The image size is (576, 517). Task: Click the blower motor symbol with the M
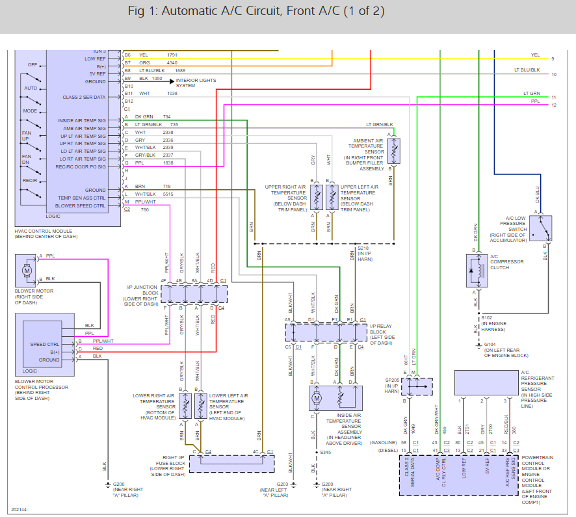(x=27, y=269)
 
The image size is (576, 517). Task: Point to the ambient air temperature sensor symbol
(x=393, y=150)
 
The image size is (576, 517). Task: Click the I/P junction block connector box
(x=194, y=294)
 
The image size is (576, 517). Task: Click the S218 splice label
(x=363, y=248)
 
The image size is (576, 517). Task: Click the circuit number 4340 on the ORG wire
(x=172, y=62)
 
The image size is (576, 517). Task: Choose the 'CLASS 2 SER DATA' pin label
(x=84, y=97)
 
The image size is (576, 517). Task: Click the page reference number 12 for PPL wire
(x=553, y=105)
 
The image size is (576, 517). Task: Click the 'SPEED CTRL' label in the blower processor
(x=45, y=344)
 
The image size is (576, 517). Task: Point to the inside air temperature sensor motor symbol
(x=316, y=396)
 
